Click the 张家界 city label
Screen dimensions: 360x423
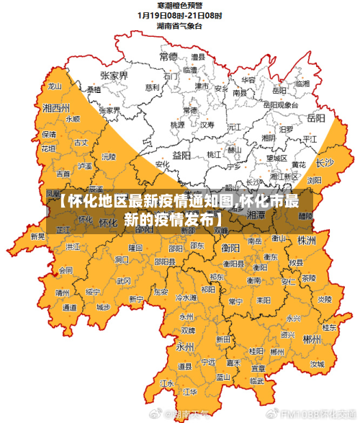pos(114,75)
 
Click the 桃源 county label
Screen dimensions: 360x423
pos(177,124)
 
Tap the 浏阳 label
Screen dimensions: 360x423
pos(315,180)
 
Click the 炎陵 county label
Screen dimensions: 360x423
pos(325,298)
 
